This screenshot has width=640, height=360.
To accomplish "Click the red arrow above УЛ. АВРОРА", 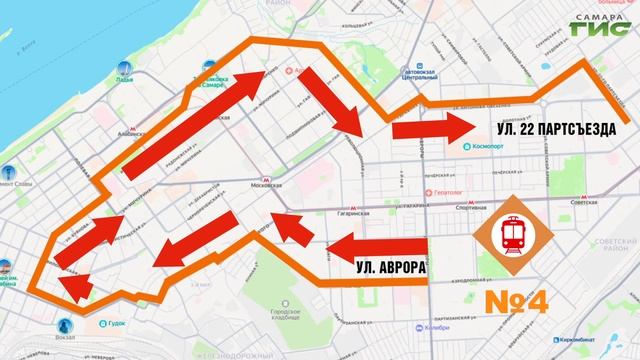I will click(x=376, y=245).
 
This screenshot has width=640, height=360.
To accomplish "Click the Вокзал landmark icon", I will click(x=67, y=326).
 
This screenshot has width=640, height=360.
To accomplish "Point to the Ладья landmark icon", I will click(x=122, y=70).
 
